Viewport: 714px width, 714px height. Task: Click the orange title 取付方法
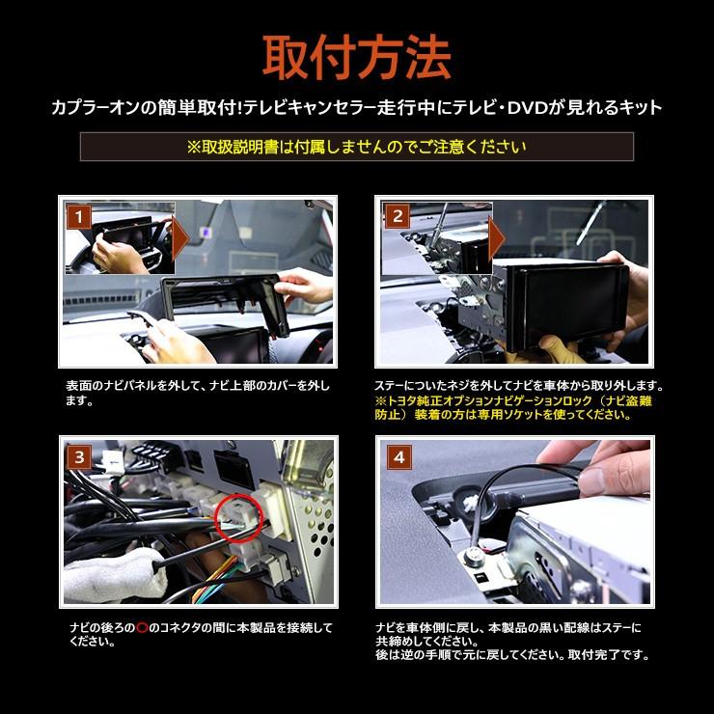pos(357,57)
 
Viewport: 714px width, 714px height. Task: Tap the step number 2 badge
pos(397,216)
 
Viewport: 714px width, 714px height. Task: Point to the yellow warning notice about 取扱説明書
pos(356,147)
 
